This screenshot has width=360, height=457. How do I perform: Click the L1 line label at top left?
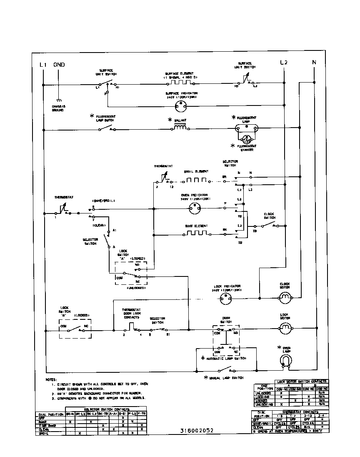click(42, 65)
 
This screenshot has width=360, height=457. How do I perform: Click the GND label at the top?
click(59, 65)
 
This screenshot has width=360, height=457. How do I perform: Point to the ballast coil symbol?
click(180, 129)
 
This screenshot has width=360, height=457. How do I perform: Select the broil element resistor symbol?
click(196, 181)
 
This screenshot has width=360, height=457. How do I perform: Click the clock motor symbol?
click(285, 298)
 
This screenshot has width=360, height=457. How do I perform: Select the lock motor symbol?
click(285, 329)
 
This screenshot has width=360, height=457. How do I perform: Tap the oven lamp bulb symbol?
click(285, 360)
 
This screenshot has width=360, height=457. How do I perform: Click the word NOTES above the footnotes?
click(51, 380)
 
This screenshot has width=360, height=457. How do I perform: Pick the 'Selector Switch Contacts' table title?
click(106, 409)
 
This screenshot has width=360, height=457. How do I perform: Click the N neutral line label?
click(314, 63)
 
